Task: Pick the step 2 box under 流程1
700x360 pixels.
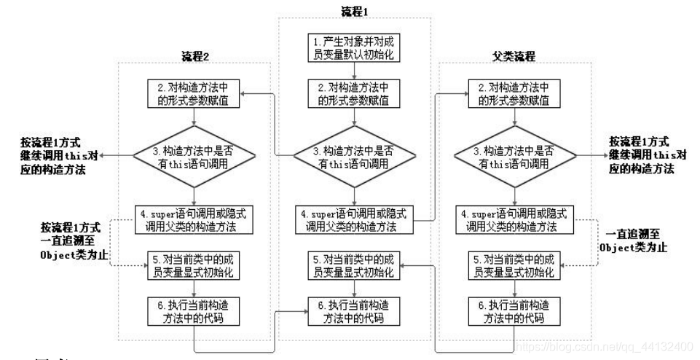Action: [x=355, y=95]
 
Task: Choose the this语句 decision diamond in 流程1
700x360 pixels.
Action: [x=355, y=155]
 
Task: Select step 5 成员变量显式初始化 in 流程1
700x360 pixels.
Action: [x=355, y=266]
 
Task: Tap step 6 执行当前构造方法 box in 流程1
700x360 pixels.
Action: [x=355, y=310]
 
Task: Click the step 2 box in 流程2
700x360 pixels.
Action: [x=195, y=95]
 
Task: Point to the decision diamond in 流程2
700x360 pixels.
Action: [x=195, y=155]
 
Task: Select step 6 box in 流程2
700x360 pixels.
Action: [x=195, y=310]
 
